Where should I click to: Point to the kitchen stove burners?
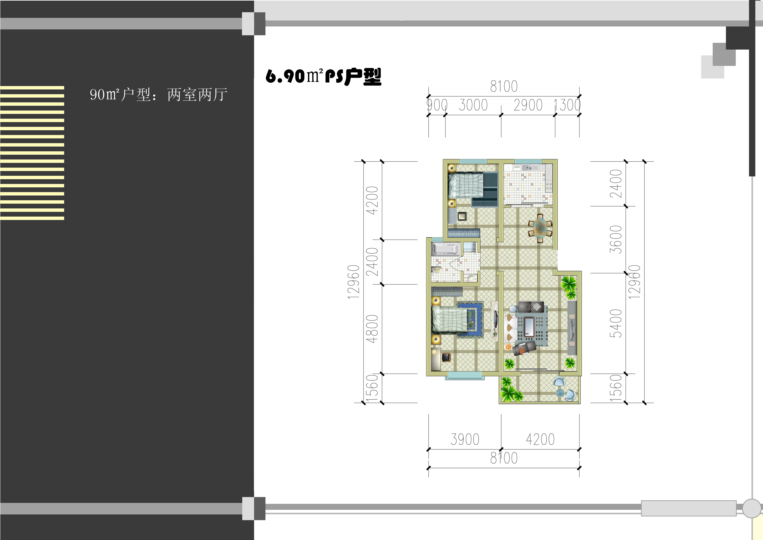(549, 186)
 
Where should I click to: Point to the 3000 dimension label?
(473, 105)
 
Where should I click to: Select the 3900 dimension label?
(465, 439)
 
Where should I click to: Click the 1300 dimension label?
(567, 105)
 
